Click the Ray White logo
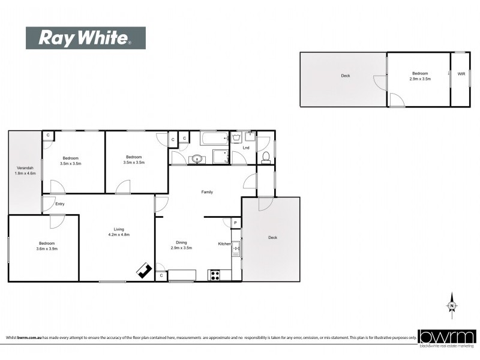pos(85,38)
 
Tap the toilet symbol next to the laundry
pos(265,158)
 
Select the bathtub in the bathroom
pos(215,139)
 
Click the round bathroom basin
pos(197,160)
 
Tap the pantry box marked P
pos(235,223)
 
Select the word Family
pos(207,192)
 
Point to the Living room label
pos(119,229)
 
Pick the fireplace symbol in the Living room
pos(144,271)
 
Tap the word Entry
pos(59,204)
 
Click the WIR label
pos(461,74)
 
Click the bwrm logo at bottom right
pos(447,337)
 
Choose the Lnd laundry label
pos(245,147)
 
